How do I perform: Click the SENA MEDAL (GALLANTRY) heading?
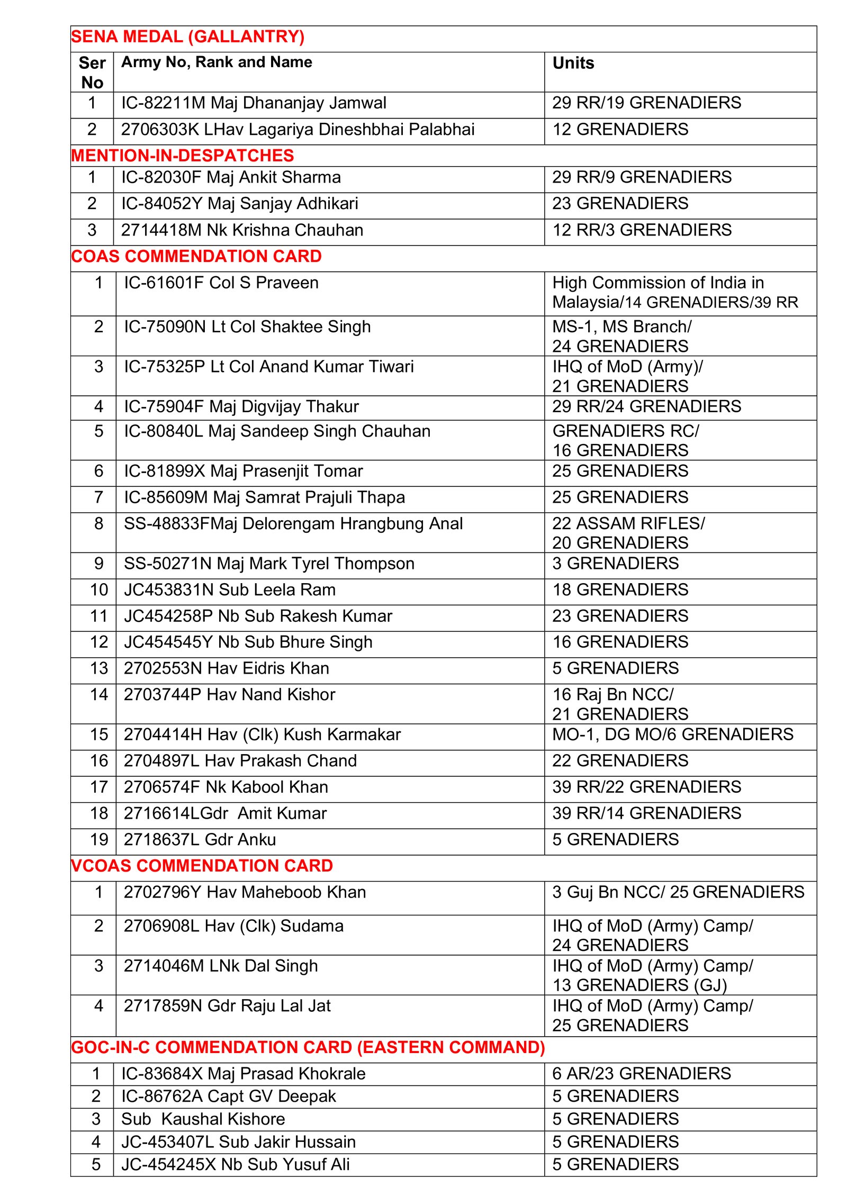[x=187, y=37]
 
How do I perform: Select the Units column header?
[x=573, y=63]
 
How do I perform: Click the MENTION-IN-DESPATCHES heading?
[x=182, y=156]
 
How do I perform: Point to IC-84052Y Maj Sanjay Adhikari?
[x=239, y=203]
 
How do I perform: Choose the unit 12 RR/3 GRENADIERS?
[x=642, y=230]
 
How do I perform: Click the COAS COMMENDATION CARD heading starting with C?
[x=196, y=256]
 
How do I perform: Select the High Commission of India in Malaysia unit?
[x=674, y=292]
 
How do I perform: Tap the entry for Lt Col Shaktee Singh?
[x=247, y=327]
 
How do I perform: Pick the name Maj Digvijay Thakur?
[x=241, y=406]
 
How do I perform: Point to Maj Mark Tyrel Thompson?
[x=269, y=564]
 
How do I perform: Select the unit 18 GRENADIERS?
[x=620, y=590]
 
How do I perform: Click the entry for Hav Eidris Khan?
[x=226, y=668]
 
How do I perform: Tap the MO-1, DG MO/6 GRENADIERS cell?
[x=672, y=734]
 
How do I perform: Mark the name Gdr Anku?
[x=200, y=840]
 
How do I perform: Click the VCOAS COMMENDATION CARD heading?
[x=202, y=866]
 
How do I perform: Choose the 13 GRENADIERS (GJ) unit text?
[x=639, y=985]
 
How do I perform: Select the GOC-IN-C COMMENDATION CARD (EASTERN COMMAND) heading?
[x=308, y=1047]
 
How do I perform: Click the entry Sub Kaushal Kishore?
[x=203, y=1119]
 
